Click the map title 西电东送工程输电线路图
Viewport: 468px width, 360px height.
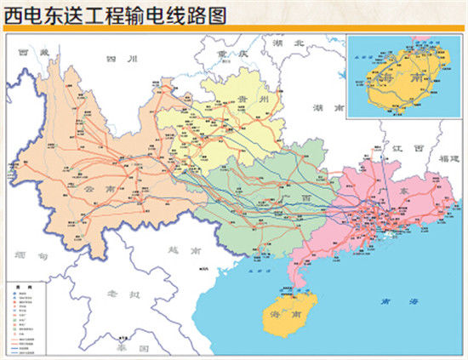(117, 15)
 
